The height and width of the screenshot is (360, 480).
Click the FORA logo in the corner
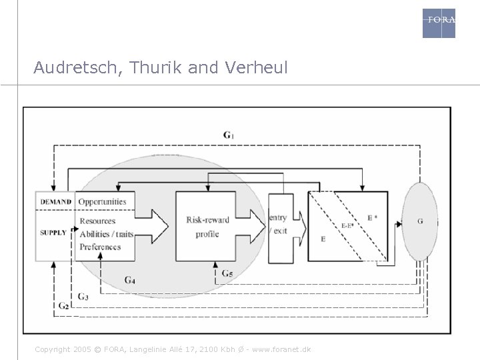click(439, 23)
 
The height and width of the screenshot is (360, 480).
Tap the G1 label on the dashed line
click(229, 135)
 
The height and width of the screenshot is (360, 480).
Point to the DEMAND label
click(55, 202)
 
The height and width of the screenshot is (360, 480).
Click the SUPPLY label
click(53, 233)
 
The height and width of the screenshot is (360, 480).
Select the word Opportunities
click(102, 202)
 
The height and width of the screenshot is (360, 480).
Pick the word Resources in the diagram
click(97, 221)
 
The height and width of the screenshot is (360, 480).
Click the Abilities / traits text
click(106, 234)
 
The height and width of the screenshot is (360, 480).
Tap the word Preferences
click(100, 247)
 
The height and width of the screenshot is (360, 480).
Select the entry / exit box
click(279, 225)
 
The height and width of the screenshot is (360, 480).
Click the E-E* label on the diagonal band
click(348, 225)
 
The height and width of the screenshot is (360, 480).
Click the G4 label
click(131, 280)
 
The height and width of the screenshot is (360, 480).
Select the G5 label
click(227, 273)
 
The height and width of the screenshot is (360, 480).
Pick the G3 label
click(83, 296)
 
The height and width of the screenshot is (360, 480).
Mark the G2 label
click(63, 305)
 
